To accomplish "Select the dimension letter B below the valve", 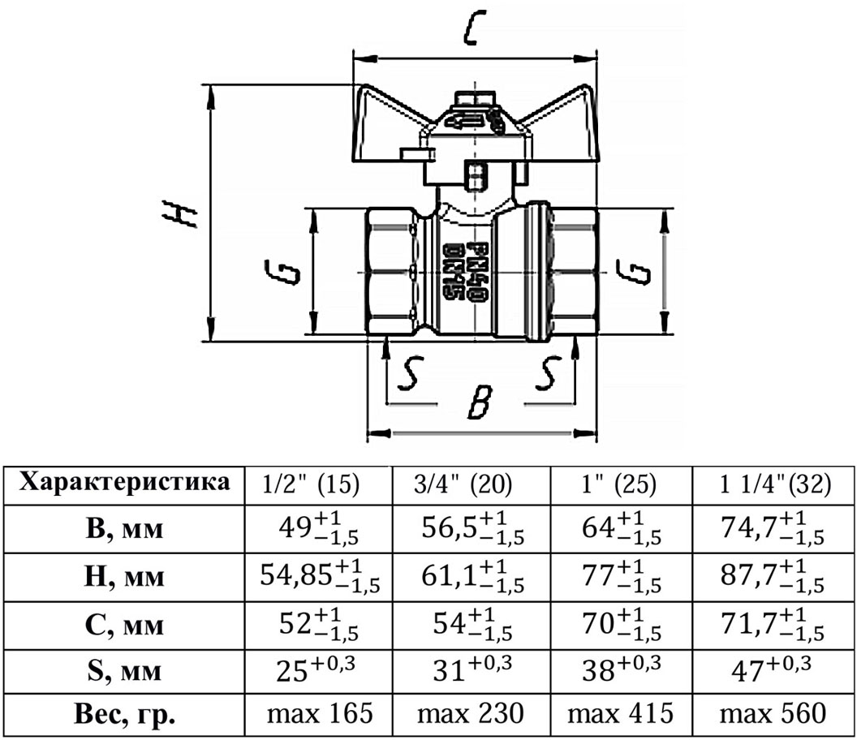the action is (480, 402).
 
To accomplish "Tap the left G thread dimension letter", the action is (282, 272).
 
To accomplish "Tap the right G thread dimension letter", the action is (634, 272).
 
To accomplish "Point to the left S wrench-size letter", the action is (410, 373).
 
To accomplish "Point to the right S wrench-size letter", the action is (548, 373).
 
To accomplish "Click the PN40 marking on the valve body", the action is (479, 271).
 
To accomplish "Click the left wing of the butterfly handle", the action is (390, 123).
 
